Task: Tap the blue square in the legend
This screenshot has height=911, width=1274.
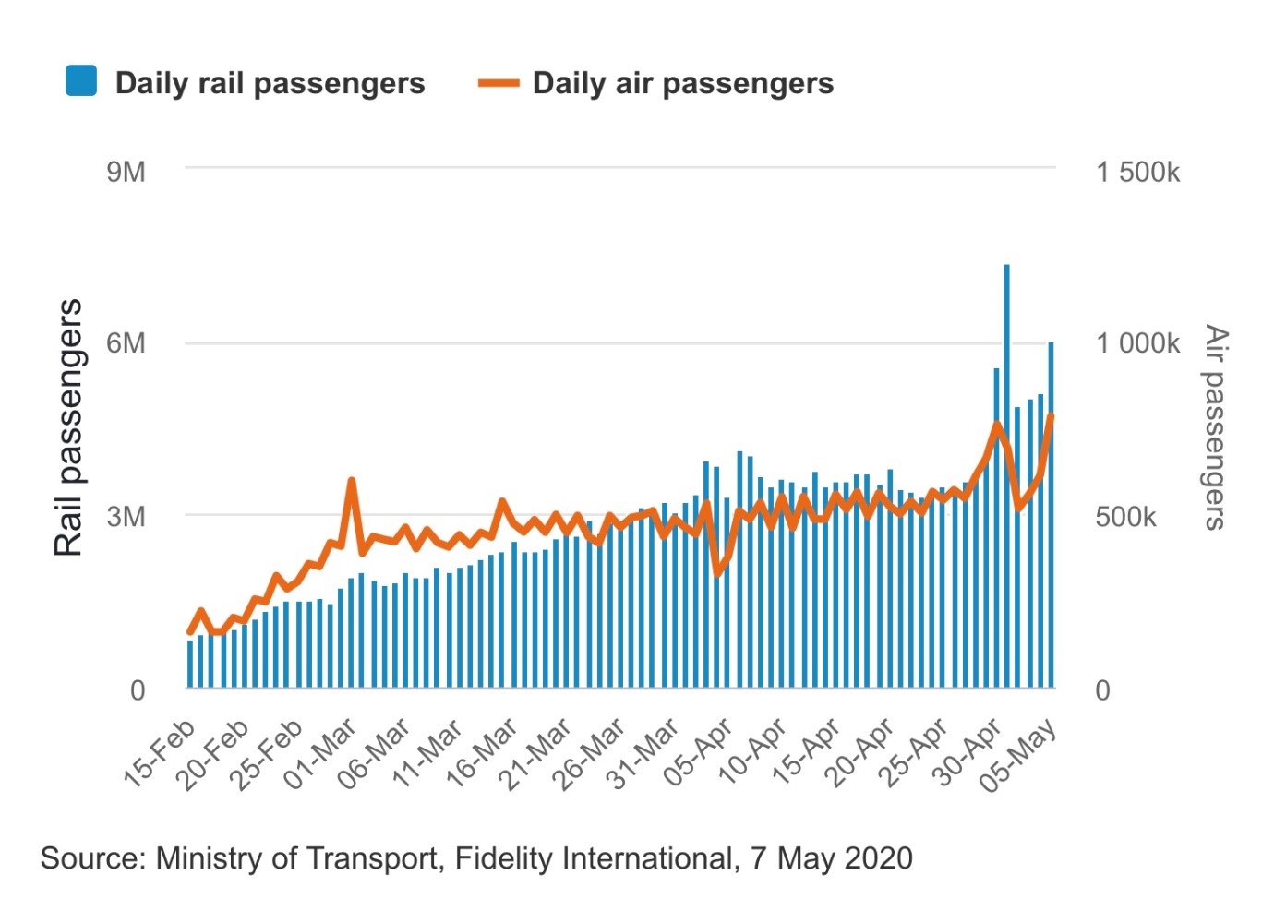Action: pos(81,81)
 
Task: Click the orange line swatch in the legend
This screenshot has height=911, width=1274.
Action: pos(499,83)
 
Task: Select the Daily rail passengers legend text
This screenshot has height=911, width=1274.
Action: pos(270,83)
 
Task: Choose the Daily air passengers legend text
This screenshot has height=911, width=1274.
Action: pos(683,83)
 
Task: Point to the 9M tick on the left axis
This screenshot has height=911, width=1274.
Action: pos(126,172)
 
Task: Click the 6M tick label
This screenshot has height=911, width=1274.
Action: pos(126,343)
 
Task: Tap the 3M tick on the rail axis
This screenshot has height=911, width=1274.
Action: pos(126,516)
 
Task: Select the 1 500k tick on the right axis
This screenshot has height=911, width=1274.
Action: pos(1137,172)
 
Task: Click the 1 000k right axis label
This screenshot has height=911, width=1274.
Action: pos(1137,343)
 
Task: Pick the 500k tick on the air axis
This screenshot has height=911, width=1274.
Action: pos(1125,516)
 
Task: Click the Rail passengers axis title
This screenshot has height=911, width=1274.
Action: pos(68,427)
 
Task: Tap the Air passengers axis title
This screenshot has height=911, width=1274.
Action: pos(1216,427)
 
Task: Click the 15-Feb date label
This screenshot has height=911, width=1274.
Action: pos(159,753)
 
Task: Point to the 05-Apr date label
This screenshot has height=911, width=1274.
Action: pos(698,753)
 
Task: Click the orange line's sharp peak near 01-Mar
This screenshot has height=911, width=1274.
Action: pos(352,481)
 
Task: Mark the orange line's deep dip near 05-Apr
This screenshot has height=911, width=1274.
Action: pos(717,573)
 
